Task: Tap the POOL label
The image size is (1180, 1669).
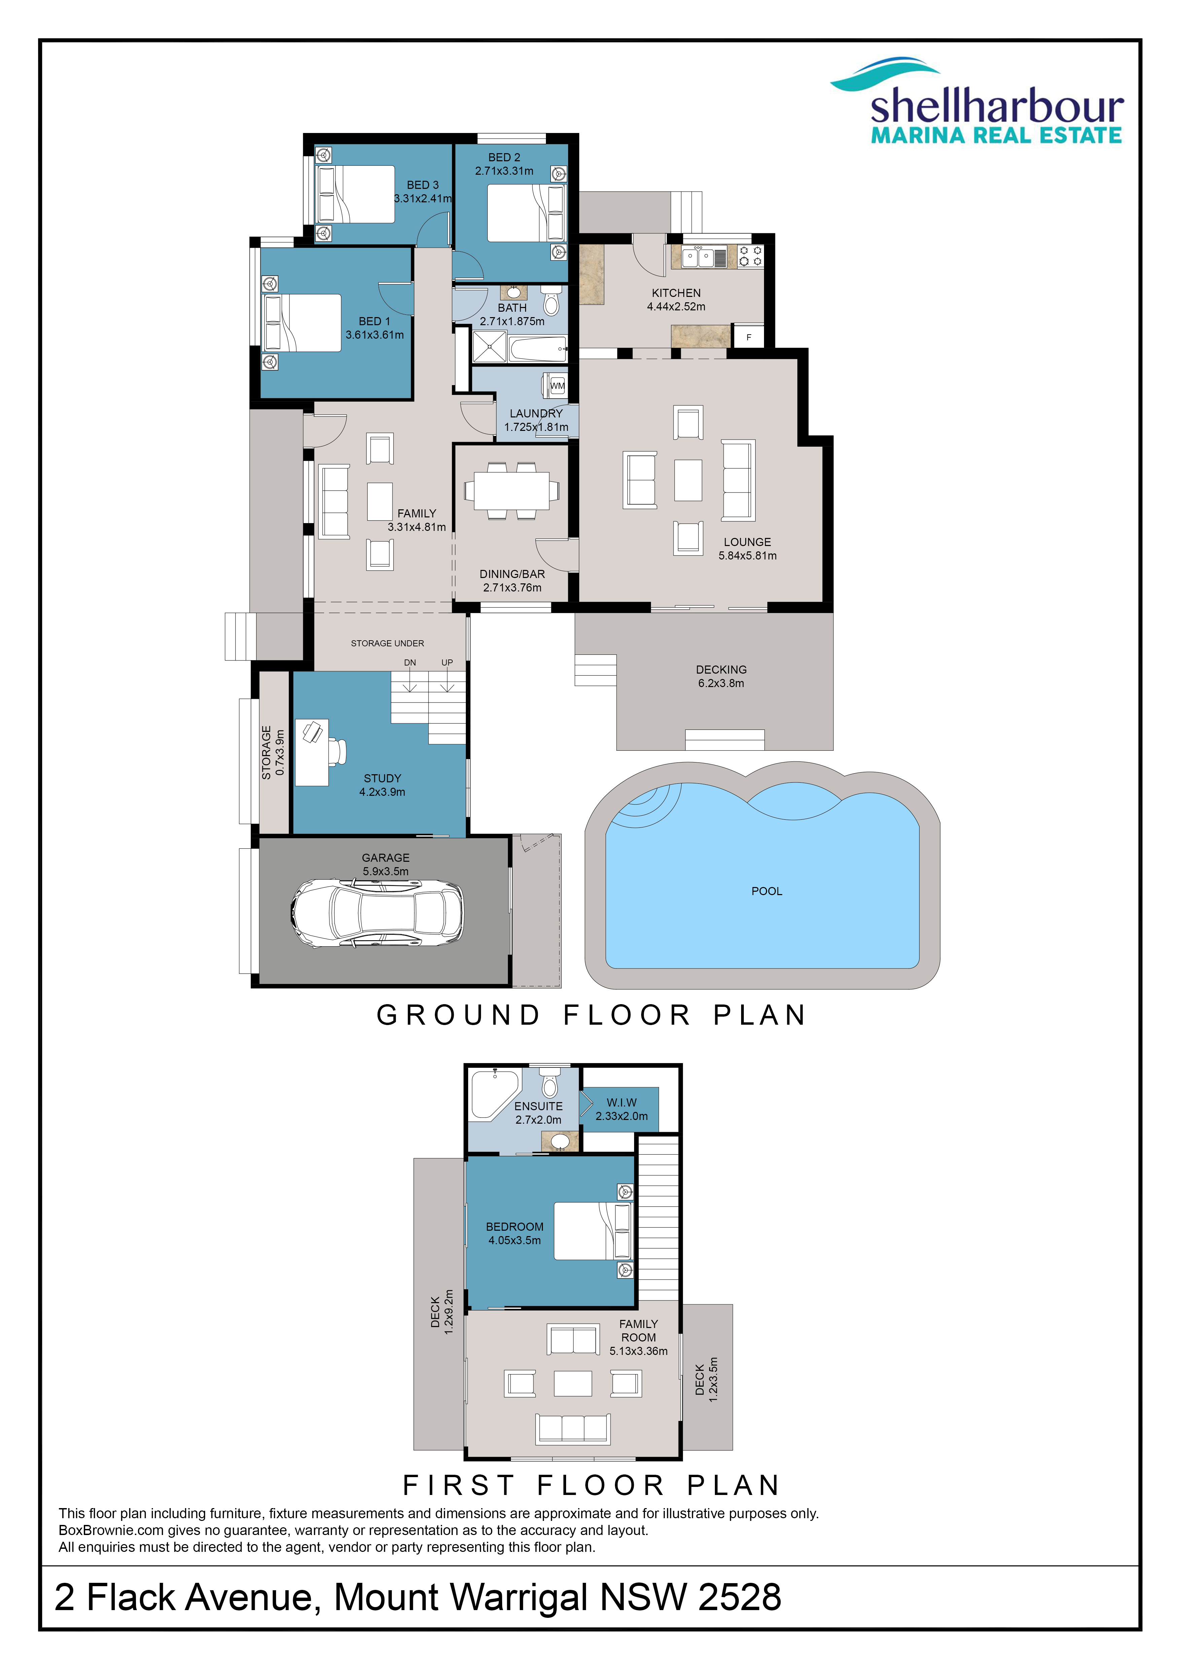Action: point(767,891)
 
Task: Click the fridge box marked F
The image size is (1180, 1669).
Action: point(749,337)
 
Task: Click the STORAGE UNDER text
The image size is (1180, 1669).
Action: point(387,643)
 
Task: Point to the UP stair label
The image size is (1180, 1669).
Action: point(447,662)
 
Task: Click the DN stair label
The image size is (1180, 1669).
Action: point(410,662)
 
